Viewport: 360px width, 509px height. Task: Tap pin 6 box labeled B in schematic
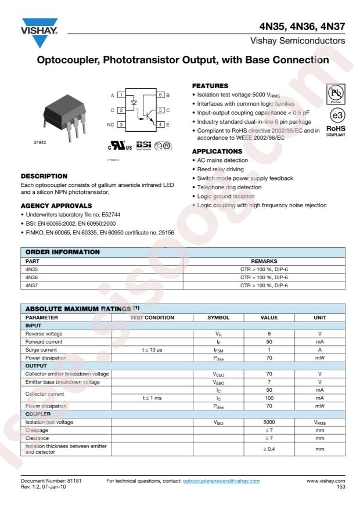click(x=160, y=95)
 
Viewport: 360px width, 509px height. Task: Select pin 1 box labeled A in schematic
click(x=121, y=95)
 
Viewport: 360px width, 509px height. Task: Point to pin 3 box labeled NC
click(x=121, y=124)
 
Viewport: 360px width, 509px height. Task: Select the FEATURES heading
click(x=210, y=85)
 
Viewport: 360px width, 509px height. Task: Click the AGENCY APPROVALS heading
click(x=56, y=205)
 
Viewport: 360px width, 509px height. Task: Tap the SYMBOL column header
click(x=219, y=318)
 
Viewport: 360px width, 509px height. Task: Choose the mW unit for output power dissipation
click(x=320, y=406)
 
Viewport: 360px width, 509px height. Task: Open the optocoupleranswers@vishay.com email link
click(x=221, y=482)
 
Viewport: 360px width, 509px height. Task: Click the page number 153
click(x=340, y=488)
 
